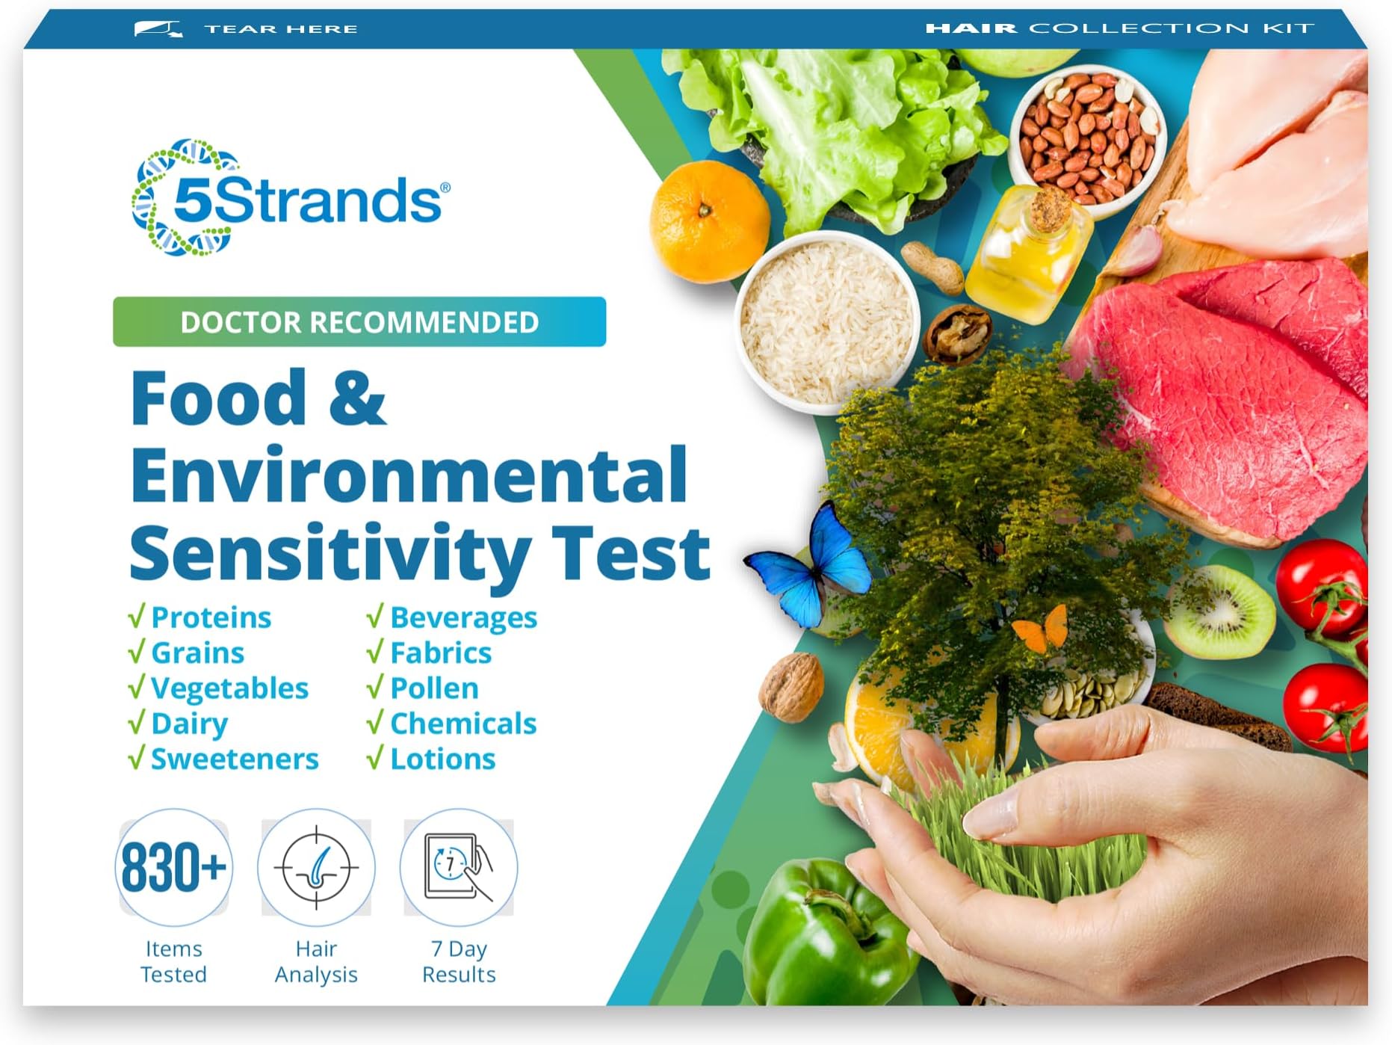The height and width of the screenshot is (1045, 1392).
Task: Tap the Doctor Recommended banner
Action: click(359, 322)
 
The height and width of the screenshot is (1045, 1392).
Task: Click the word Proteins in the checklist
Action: click(211, 617)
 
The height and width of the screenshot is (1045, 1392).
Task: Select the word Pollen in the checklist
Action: click(434, 688)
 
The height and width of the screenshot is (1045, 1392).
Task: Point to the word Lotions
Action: click(442, 759)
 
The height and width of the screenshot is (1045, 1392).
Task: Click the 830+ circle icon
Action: click(173, 868)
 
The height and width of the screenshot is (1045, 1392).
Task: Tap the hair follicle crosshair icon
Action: click(316, 868)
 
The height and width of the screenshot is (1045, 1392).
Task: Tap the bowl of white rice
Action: click(826, 321)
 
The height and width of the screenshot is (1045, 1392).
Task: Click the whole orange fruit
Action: click(708, 221)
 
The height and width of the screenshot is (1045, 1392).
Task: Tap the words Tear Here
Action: click(281, 29)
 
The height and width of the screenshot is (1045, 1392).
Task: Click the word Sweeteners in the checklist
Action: click(235, 759)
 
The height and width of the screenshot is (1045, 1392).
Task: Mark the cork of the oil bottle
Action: click(1049, 209)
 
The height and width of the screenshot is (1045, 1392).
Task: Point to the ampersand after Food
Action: click(356, 398)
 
